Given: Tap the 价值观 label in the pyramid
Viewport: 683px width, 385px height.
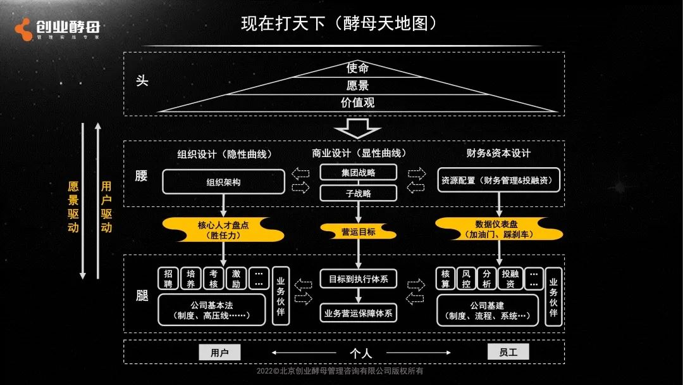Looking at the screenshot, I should click(357, 103).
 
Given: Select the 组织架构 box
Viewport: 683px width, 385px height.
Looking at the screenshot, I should click(223, 182).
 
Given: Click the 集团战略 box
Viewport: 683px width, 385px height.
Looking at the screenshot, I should click(358, 172).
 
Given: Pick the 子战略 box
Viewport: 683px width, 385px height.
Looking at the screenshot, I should click(358, 193).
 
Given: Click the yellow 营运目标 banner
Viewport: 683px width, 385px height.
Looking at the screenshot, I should click(358, 232).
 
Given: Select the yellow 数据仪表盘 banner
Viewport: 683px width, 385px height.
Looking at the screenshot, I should click(500, 229).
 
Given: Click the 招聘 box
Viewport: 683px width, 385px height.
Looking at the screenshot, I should click(168, 279).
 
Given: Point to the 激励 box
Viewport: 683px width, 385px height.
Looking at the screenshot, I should click(236, 279).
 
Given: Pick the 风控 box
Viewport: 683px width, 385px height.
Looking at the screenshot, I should click(467, 279).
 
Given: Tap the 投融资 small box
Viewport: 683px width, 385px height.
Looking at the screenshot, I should click(510, 279).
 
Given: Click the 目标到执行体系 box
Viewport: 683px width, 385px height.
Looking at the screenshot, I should click(358, 279).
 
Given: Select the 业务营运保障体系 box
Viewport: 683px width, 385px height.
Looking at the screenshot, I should click(358, 312).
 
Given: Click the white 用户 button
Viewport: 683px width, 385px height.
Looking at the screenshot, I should click(219, 353).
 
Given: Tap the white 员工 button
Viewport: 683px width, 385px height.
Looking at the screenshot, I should click(508, 351).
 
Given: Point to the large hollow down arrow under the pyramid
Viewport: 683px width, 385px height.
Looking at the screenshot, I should click(357, 129).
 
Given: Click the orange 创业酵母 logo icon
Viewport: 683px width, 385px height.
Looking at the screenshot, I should click(23, 28).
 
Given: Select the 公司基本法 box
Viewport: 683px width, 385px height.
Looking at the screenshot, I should click(211, 310).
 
